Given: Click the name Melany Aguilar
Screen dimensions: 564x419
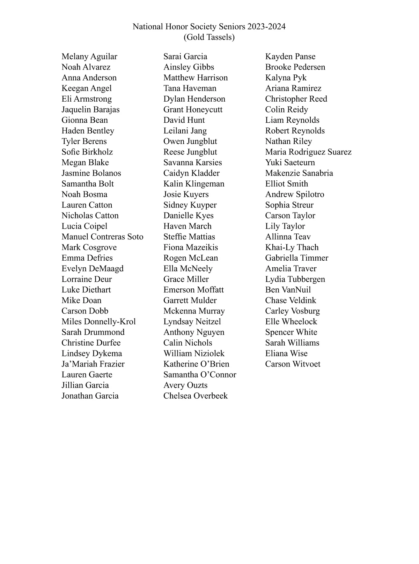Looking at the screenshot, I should [x=89, y=57].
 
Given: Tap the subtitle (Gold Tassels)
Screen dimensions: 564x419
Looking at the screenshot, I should [x=209, y=37].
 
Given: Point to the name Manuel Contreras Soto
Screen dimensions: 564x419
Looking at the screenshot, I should [x=102, y=237].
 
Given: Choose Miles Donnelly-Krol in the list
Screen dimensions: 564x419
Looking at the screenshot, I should [x=98, y=321].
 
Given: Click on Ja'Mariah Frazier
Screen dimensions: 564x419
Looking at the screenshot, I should [x=93, y=364].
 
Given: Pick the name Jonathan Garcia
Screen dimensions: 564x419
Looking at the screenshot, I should [x=90, y=396].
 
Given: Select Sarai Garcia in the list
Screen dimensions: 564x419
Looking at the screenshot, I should [x=185, y=57].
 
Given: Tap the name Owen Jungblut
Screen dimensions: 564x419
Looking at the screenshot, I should [x=190, y=142].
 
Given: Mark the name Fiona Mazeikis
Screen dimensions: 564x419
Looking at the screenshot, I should [x=190, y=247].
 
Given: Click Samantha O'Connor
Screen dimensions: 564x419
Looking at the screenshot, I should [x=200, y=375].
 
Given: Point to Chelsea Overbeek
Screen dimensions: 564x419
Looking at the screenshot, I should [x=195, y=396].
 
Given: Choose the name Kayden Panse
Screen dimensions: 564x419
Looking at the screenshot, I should [x=290, y=57].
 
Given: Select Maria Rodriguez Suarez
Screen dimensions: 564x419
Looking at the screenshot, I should [x=308, y=152].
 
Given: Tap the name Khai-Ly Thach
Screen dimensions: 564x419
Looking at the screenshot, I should [x=292, y=247].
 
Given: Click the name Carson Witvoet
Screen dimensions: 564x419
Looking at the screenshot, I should [x=293, y=364].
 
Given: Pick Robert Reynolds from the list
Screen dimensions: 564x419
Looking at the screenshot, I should [x=295, y=131].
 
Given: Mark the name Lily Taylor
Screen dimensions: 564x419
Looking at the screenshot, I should [x=285, y=226].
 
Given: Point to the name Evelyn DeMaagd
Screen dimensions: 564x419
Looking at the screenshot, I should [x=93, y=269].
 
